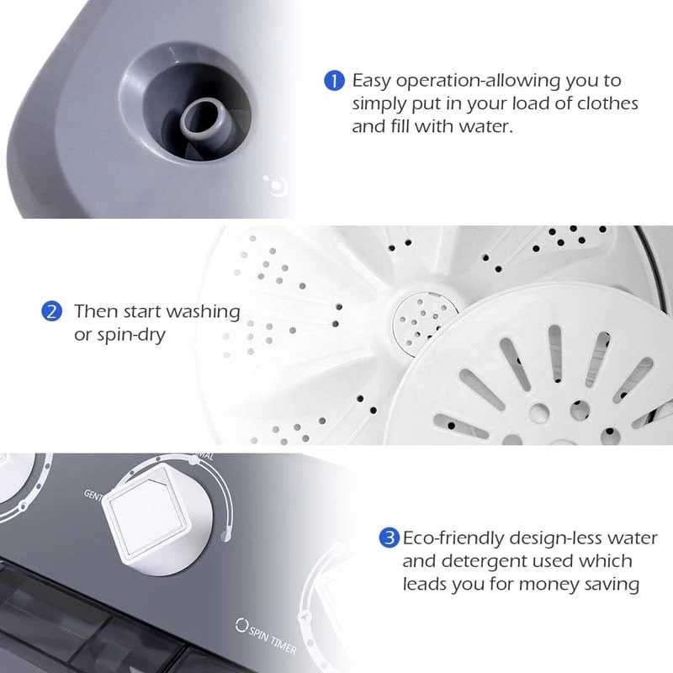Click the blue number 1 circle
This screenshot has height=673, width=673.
(334, 81)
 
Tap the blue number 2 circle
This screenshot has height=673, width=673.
(52, 311)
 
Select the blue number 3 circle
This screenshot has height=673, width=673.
(389, 538)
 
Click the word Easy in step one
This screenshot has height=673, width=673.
(372, 81)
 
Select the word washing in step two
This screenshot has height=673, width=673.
(203, 311)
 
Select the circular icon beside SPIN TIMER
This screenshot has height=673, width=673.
(242, 625)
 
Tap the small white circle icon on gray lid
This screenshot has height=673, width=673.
(271, 185)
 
